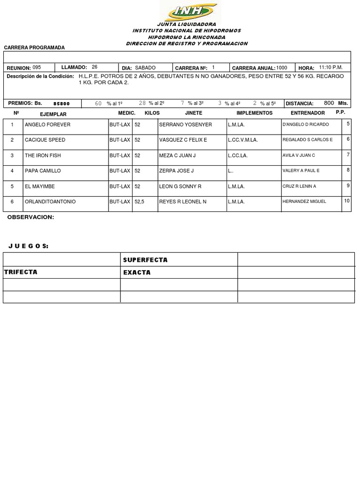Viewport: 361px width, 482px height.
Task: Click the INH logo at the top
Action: point(188,10)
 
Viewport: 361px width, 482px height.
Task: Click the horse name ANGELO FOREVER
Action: point(47,125)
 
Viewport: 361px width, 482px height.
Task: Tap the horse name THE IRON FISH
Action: point(43,156)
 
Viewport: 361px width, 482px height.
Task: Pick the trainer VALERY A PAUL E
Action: point(301,171)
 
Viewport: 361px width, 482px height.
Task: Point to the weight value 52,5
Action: point(139,202)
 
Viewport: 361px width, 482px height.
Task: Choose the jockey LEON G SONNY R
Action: point(180,186)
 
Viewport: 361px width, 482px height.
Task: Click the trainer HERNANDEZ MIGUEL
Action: point(304,202)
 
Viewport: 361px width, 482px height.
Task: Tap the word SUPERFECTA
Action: point(145,260)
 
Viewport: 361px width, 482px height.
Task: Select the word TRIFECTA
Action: point(21,272)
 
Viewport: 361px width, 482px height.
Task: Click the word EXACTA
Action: point(137,273)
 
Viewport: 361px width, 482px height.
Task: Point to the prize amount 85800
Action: point(62,104)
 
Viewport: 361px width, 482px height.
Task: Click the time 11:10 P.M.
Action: point(330,67)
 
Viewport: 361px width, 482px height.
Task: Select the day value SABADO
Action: point(145,68)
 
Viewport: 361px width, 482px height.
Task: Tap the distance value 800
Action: point(329,103)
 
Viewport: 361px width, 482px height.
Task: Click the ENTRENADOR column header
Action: point(308,113)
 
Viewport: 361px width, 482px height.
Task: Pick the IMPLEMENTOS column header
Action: point(254,113)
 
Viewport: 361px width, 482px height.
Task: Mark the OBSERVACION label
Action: point(31,217)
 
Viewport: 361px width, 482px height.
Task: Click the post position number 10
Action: point(347,201)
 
